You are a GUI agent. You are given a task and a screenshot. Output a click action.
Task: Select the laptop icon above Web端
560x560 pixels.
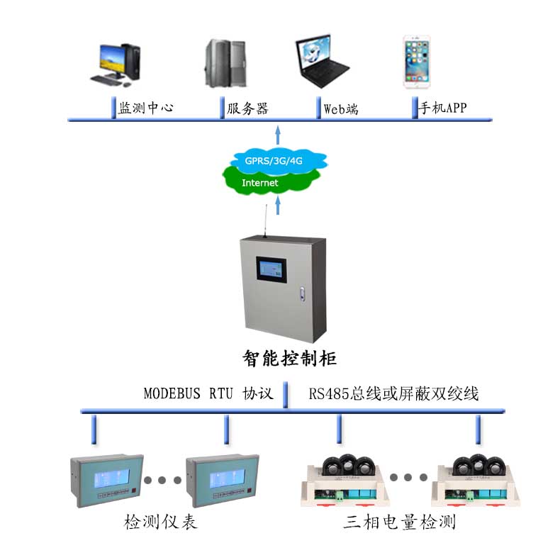(x=321, y=62)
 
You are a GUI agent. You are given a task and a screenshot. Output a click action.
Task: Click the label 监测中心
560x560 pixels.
(x=146, y=108)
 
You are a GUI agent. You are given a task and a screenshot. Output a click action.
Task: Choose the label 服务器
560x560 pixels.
(x=247, y=108)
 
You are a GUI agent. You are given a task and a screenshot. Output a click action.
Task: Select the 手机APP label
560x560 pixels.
(x=443, y=108)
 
